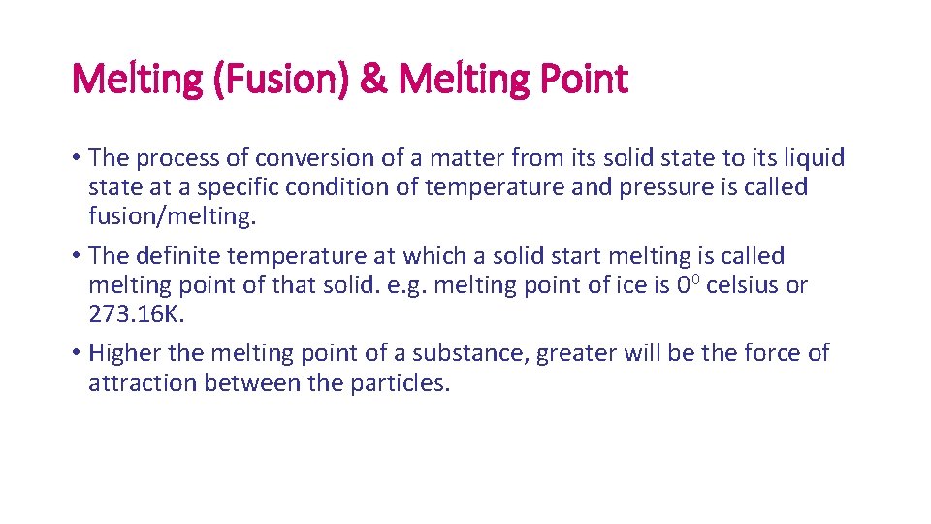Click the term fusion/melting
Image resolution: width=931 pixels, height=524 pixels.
172,215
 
